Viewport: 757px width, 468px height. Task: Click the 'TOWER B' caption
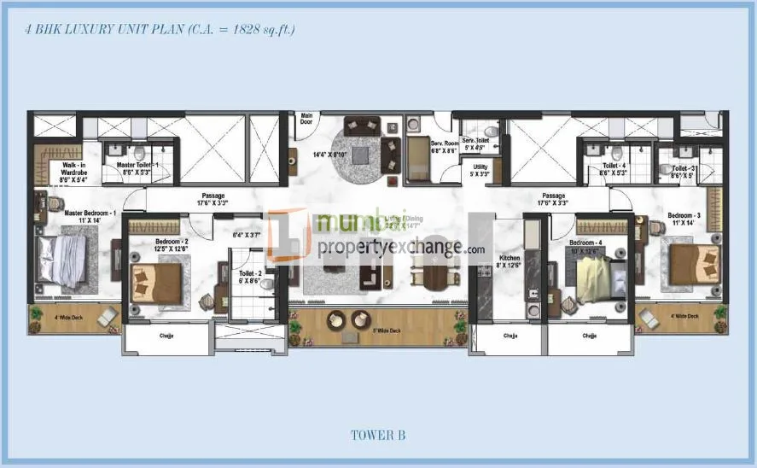(378, 435)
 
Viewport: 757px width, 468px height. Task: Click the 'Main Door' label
(306, 119)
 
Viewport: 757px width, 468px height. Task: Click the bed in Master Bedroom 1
(61, 260)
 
